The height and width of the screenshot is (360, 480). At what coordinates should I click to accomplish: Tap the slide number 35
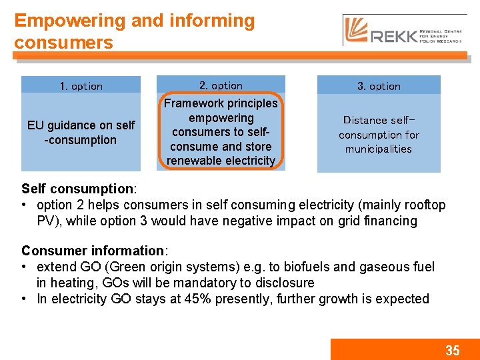coord(452,350)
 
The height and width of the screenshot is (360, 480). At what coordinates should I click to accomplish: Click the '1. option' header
coord(81,86)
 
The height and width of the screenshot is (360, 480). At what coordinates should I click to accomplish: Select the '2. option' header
coord(221,85)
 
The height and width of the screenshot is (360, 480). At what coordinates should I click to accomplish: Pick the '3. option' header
coord(379,86)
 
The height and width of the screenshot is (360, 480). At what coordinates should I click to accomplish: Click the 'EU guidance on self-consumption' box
coord(81,133)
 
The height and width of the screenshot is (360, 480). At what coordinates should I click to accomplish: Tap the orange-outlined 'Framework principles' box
coord(221,131)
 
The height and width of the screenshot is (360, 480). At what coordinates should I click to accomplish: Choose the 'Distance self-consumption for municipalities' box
coord(379,134)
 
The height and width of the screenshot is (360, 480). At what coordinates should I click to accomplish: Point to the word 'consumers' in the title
coord(64,43)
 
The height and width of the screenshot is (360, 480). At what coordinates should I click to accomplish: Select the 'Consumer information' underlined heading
coord(93,251)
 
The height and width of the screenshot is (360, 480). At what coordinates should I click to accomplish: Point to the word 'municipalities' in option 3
coord(379,149)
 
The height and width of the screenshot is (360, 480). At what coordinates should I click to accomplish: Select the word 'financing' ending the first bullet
coord(389,221)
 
